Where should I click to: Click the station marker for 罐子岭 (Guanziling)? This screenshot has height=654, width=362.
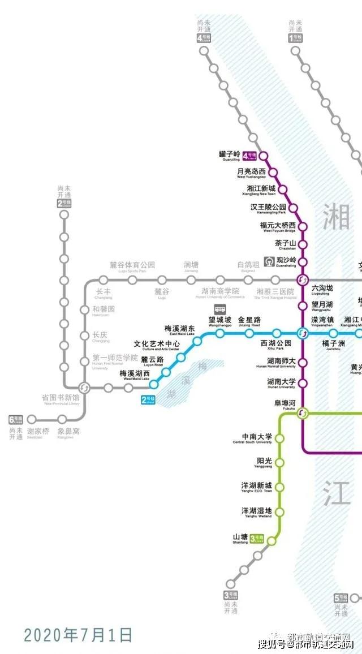[x=263, y=155]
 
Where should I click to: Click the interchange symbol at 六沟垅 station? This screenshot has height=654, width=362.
[x=303, y=279]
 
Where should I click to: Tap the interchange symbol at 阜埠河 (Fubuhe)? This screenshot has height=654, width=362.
[x=303, y=413]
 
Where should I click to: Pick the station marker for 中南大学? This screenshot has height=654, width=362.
[x=280, y=438]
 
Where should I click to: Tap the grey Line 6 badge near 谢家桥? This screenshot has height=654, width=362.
[x=15, y=420]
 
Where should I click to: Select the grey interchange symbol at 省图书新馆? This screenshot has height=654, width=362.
[x=84, y=388]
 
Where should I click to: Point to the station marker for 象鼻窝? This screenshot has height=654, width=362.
[x=62, y=420]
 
